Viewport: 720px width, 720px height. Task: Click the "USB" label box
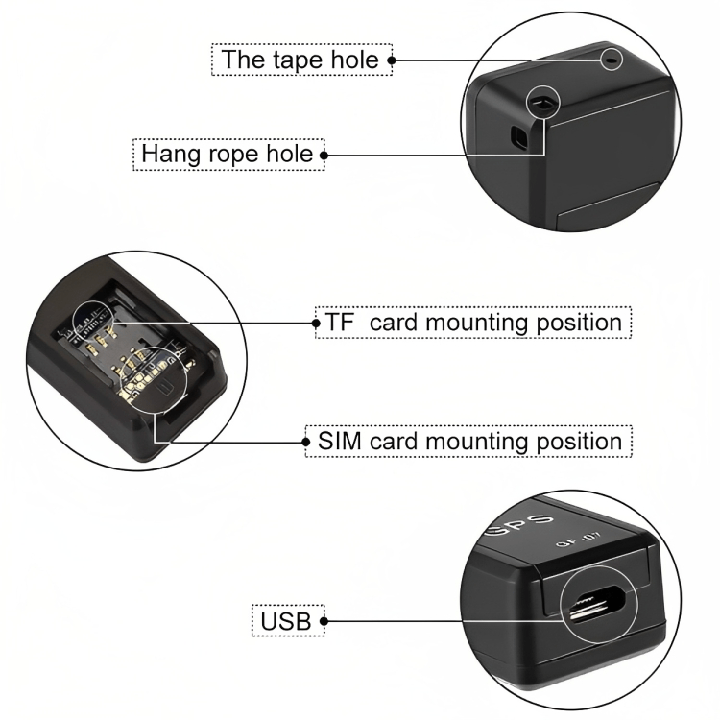[286, 621]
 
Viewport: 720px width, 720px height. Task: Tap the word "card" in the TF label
[395, 322]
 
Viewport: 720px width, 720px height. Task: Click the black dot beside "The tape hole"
[391, 60]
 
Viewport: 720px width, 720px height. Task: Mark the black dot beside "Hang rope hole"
[324, 154]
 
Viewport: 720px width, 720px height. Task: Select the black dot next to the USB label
[324, 621]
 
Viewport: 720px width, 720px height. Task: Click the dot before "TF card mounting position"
[316, 323]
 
